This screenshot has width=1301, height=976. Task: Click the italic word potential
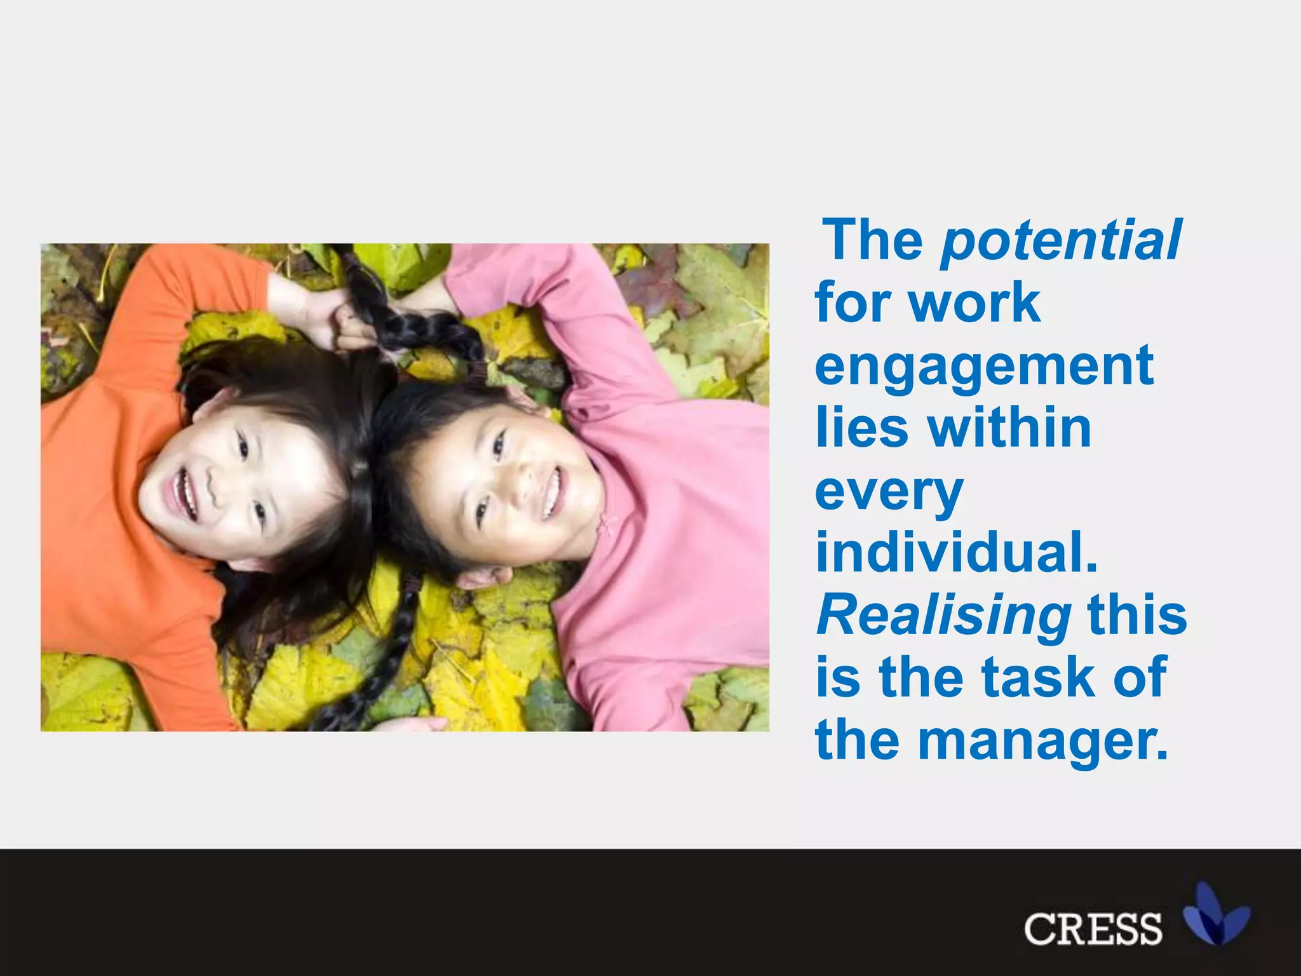coord(1061,240)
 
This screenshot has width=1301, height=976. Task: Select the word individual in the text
coord(956,552)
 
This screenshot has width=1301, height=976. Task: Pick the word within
coord(1010,428)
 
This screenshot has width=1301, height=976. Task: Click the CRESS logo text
coord(1093,928)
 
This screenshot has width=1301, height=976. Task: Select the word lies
coord(861,428)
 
